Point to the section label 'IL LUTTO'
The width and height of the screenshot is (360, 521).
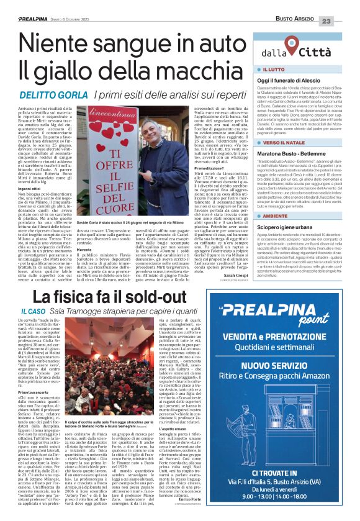pos(275,71)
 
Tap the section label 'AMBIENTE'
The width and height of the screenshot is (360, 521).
pos(277,217)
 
